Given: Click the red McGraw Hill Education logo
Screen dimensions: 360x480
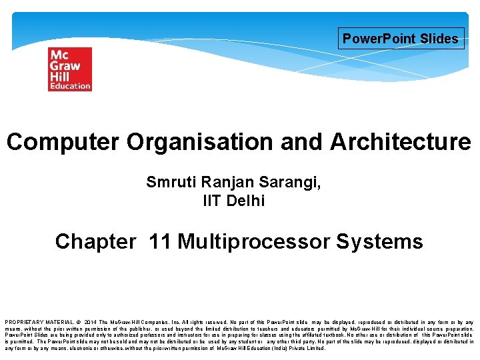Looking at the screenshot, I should [69, 69].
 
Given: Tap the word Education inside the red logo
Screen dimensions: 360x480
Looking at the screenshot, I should [69, 86].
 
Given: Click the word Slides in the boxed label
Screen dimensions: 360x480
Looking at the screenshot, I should [439, 39].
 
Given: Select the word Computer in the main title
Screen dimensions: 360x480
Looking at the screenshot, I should [63, 142].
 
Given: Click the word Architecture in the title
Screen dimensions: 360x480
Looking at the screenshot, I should [400, 142].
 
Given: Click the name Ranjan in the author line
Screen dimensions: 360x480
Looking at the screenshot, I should [227, 183].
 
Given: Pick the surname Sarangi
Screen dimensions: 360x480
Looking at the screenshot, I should [290, 183].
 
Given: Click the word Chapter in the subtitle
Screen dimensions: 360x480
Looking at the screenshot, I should [95, 241].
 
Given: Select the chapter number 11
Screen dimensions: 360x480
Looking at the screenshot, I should [160, 241].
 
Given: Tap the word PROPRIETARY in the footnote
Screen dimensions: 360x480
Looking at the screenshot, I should [24, 321].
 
